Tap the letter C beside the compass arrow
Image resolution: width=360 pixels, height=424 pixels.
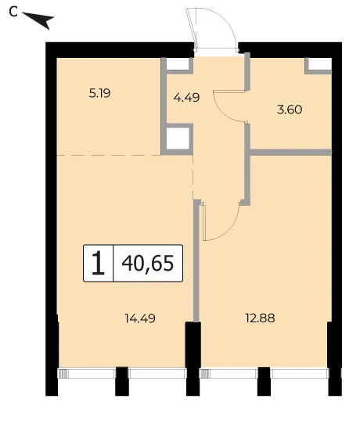coord(13,12)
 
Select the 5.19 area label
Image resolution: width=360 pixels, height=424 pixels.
coord(100,94)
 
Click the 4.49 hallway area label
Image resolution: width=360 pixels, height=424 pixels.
coord(186,97)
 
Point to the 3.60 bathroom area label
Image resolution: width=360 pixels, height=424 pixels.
coord(290,110)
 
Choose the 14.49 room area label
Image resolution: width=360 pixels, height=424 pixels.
coord(140,318)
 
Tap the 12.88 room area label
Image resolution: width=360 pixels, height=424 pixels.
coord(260,318)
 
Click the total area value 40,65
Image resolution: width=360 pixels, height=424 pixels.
coord(148,263)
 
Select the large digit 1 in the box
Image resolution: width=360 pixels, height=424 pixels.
coord(98,263)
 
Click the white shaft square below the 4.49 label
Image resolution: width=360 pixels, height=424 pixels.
coord(177,138)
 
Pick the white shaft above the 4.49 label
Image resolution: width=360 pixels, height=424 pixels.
coord(177,63)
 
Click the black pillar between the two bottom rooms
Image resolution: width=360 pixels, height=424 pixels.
coord(193,358)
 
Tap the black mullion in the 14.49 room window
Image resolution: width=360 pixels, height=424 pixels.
coord(122,381)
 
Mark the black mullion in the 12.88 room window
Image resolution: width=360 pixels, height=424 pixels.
coord(264,381)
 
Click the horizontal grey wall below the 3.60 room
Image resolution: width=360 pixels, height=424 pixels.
coord(291,153)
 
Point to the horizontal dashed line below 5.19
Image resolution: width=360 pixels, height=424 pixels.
coord(109,155)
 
